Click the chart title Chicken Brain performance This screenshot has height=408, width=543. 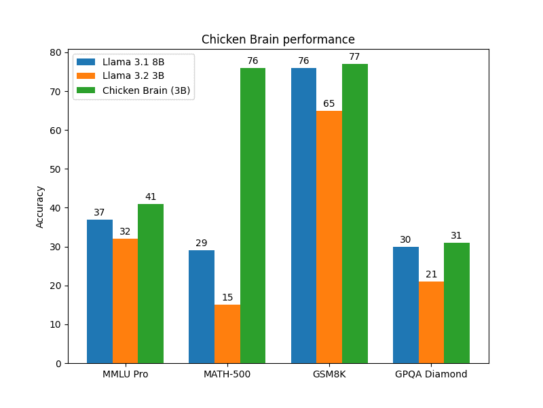pos(278,39)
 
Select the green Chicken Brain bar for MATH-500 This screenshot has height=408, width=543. pos(252,215)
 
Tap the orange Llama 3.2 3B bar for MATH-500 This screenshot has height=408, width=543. pos(227,333)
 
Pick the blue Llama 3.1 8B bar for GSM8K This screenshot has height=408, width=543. pos(303,215)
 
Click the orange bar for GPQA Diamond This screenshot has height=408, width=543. pos(431,322)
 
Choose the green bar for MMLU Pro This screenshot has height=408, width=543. pos(151,283)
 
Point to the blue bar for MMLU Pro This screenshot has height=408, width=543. pos(100,291)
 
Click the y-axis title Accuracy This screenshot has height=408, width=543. pos(40,207)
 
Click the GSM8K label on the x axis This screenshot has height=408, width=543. pos(329,374)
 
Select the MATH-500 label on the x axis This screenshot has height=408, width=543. pos(227,374)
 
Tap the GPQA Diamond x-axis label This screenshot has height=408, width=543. pos(431,374)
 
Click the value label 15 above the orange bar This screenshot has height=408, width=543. pos(227,298)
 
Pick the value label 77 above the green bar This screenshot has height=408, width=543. pos(354,57)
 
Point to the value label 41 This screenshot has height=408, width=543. pos(151,197)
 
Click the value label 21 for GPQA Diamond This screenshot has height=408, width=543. pos(431,275)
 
